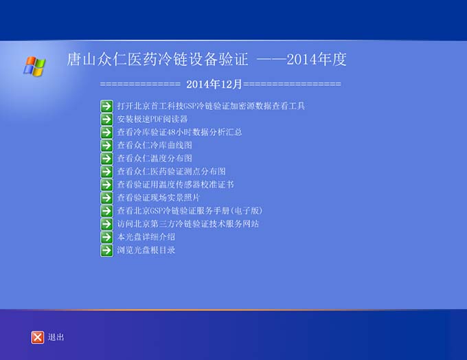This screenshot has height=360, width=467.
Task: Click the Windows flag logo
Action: pyautogui.click(x=34, y=66)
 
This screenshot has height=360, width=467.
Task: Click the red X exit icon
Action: pyautogui.click(x=38, y=337)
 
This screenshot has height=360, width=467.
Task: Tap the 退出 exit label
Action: pyautogui.click(x=56, y=337)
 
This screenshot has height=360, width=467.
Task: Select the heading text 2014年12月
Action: pyautogui.click(x=214, y=84)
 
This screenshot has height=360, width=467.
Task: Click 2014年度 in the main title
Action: pyautogui.click(x=317, y=59)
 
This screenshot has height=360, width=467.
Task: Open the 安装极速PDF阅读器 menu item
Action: pyautogui.click(x=152, y=120)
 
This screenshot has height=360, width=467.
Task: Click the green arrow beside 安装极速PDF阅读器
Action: pyautogui.click(x=106, y=120)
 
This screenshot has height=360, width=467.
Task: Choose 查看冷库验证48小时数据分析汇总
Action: pyautogui.click(x=179, y=133)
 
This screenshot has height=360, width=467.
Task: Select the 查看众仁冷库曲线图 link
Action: pyautogui.click(x=155, y=146)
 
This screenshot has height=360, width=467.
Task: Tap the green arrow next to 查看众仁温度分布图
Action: pyautogui.click(x=106, y=159)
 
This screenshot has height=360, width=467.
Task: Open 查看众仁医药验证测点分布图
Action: pyautogui.click(x=171, y=171)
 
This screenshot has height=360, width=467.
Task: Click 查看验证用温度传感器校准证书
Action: pyautogui.click(x=175, y=185)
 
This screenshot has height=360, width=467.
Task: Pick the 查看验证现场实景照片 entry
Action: pyautogui.click(x=158, y=198)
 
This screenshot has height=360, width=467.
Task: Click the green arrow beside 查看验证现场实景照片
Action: pyautogui.click(x=106, y=198)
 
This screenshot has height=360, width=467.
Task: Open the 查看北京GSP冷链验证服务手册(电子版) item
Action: pyautogui.click(x=190, y=211)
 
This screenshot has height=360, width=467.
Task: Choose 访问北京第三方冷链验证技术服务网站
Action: pyautogui.click(x=188, y=224)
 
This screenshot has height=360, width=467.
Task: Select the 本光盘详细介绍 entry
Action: pyautogui.click(x=146, y=237)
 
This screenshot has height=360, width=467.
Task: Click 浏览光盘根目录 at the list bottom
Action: pyautogui.click(x=146, y=250)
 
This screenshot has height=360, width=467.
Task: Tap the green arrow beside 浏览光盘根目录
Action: pyautogui.click(x=106, y=250)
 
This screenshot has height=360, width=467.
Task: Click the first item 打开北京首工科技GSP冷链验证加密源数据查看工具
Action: pyautogui.click(x=211, y=106)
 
